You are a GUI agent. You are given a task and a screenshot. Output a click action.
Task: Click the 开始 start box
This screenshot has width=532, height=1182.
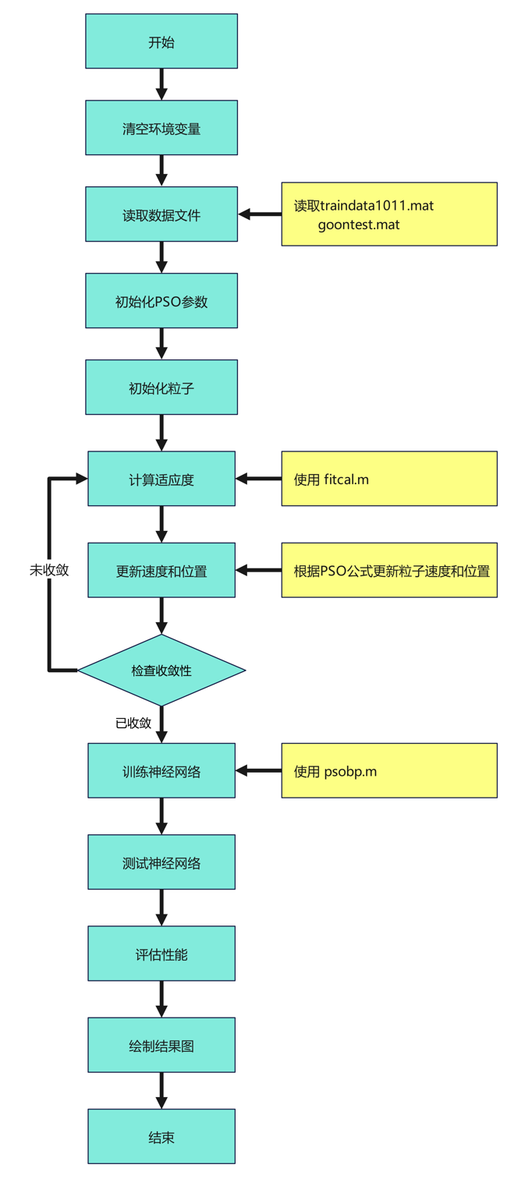(161, 42)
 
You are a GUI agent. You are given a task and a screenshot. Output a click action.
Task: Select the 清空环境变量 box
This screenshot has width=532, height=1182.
(161, 129)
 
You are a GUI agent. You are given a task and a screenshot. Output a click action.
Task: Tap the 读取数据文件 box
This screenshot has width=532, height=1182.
(161, 215)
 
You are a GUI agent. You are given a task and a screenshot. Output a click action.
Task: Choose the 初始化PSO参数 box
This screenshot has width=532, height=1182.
(161, 302)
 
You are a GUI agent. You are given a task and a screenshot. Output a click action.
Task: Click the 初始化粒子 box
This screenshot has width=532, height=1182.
(161, 388)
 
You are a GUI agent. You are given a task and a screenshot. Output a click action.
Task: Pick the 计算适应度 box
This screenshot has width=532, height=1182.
(161, 480)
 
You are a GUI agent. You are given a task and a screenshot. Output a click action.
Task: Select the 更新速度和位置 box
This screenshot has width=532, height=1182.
(161, 571)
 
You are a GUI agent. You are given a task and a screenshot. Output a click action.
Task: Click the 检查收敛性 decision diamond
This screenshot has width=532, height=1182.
(161, 670)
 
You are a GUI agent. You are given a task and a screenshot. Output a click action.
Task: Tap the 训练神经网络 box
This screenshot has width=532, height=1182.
(161, 771)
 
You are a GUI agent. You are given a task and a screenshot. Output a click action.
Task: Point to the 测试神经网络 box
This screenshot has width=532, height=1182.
(161, 862)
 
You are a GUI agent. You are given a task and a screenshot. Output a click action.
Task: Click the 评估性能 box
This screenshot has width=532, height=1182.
(161, 954)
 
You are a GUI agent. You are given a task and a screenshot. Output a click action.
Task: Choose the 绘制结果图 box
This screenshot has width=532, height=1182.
(161, 1046)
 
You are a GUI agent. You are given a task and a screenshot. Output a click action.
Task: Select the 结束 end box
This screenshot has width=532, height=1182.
(161, 1137)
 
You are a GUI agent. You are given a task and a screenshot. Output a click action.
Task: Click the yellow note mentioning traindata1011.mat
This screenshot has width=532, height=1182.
(388, 214)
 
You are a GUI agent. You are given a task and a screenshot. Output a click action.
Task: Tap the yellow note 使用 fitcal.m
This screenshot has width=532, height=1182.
(388, 479)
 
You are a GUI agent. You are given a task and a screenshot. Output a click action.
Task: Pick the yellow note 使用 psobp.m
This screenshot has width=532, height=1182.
(388, 771)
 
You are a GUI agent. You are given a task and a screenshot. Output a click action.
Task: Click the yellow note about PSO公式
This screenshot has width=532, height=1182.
(388, 571)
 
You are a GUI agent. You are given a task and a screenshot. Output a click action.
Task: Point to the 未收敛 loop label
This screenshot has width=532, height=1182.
(49, 570)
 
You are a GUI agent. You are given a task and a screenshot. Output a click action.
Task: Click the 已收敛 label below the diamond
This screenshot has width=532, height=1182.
(133, 723)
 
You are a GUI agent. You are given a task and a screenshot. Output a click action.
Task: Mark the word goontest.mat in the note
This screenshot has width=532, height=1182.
(359, 225)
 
